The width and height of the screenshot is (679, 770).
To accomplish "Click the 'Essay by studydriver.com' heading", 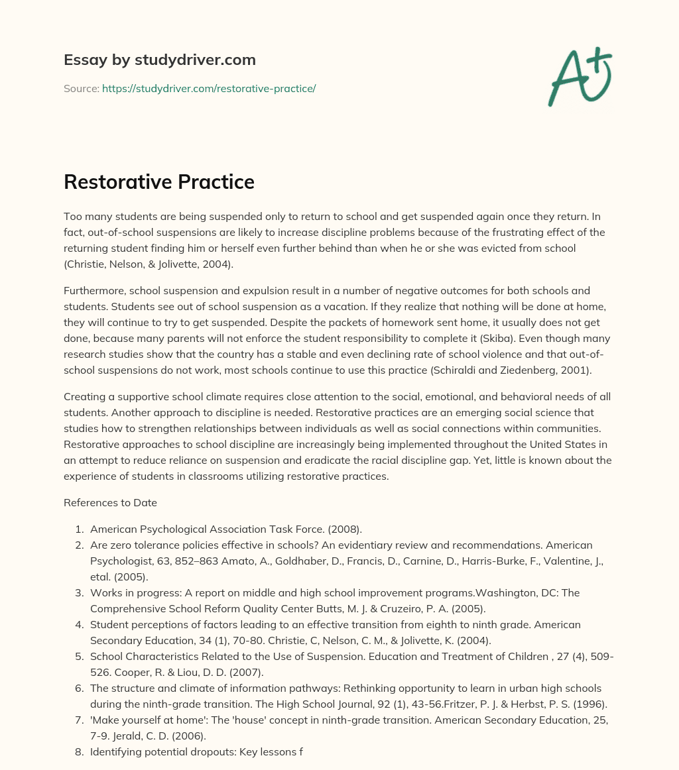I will [159, 60].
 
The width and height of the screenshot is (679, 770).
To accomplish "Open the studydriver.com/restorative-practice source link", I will [209, 88].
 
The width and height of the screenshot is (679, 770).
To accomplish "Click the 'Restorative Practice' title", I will [159, 182].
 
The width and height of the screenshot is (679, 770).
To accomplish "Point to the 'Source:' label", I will [81, 88].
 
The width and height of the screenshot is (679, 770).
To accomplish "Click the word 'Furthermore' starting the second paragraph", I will [95, 291].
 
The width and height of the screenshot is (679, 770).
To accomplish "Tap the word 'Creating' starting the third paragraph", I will [85, 397].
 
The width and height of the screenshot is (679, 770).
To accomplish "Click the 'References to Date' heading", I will [110, 502].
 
